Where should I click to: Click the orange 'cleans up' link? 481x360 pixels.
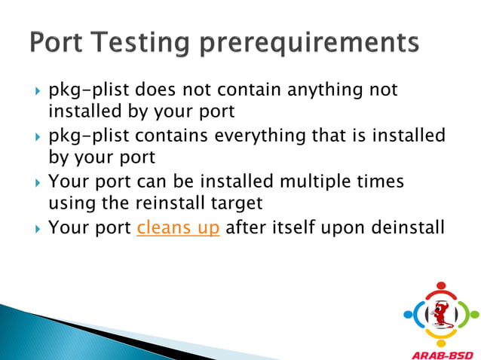tap(178, 227)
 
